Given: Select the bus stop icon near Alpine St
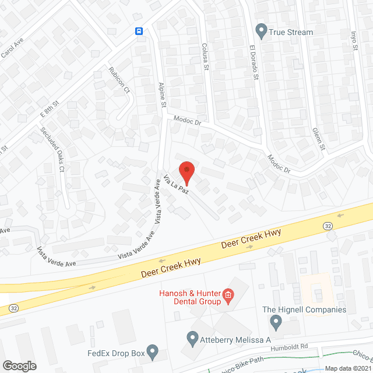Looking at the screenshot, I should (x=139, y=31).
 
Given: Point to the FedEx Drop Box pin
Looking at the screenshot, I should (x=152, y=351).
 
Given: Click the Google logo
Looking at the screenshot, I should (x=19, y=365).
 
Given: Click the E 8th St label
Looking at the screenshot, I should (x=51, y=107).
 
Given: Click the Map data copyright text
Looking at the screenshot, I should (x=347, y=368).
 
